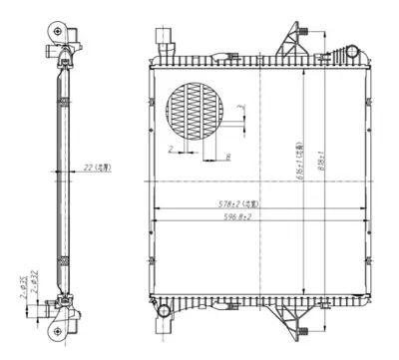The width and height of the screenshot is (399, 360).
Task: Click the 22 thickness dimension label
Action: click(98, 169)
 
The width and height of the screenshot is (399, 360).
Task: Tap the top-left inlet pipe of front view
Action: click(164, 41)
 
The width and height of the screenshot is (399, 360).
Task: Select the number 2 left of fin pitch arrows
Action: click(171, 147)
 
